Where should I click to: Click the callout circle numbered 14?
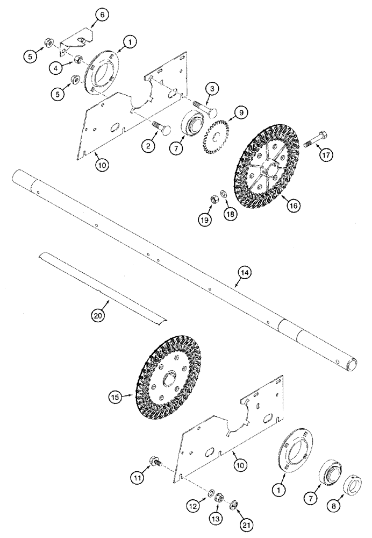tap(244, 273)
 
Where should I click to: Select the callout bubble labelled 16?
tap(293, 205)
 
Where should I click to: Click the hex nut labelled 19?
tap(213, 199)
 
